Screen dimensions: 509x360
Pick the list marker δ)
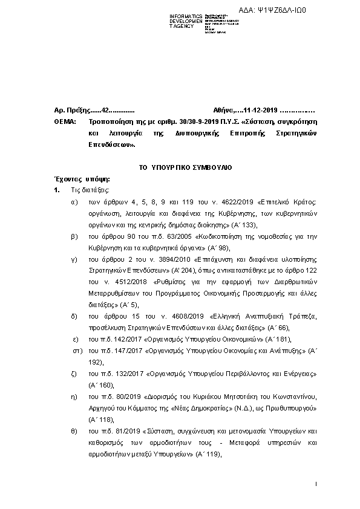click(x=74, y=316)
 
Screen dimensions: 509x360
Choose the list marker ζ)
click(x=74, y=374)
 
